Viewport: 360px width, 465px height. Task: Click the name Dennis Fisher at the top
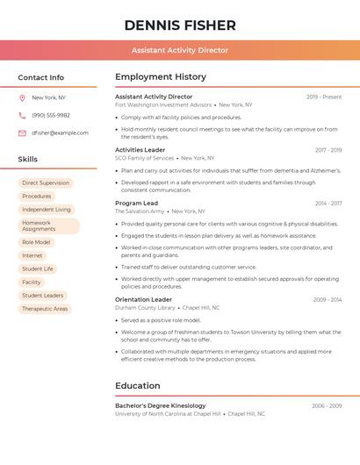coord(180,25)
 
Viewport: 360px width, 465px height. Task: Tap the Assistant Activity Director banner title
coord(180,50)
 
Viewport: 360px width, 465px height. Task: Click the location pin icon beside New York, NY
coord(22,97)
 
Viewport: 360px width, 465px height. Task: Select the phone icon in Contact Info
coord(22,115)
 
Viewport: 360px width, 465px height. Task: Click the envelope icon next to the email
coord(22,132)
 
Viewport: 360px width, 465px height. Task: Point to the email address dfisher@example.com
coord(61,132)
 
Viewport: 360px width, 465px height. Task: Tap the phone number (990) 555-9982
coord(51,115)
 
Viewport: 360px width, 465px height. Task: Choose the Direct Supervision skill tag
coord(46,183)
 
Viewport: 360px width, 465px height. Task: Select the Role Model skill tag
coord(36,242)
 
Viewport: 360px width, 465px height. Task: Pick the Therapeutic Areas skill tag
coord(45,309)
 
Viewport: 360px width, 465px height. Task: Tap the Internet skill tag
coord(32,255)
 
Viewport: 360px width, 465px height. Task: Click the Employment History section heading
coord(161,77)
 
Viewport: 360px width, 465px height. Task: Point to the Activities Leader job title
coord(140,150)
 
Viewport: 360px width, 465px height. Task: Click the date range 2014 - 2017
coord(328,204)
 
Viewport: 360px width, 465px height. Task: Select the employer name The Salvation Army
coord(140,211)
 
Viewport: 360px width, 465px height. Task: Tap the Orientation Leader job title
coord(144,299)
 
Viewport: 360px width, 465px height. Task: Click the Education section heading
coord(138,385)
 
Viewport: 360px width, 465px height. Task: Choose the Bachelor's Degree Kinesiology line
coord(161,405)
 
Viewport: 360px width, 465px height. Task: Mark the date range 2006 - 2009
coord(327,406)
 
